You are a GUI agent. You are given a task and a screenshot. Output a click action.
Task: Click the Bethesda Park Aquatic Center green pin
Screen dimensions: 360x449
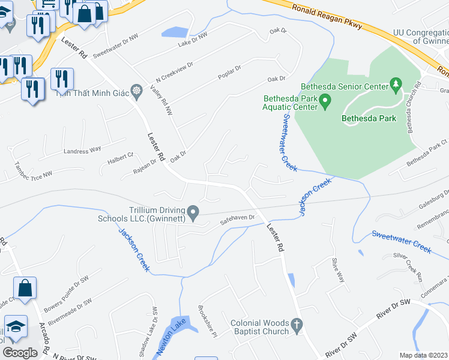[325, 100]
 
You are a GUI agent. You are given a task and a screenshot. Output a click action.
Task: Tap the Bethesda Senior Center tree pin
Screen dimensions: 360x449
[396, 86]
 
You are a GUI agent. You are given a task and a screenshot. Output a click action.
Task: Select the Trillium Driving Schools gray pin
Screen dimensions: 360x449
[193, 212]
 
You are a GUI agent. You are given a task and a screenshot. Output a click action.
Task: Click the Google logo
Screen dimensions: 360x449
[19, 352]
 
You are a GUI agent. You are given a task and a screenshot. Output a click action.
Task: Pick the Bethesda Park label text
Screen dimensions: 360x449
[369, 119]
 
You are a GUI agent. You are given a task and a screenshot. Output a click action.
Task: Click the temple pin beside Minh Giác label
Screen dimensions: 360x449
[137, 92]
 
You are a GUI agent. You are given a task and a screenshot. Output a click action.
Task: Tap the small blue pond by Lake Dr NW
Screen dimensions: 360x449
[173, 32]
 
